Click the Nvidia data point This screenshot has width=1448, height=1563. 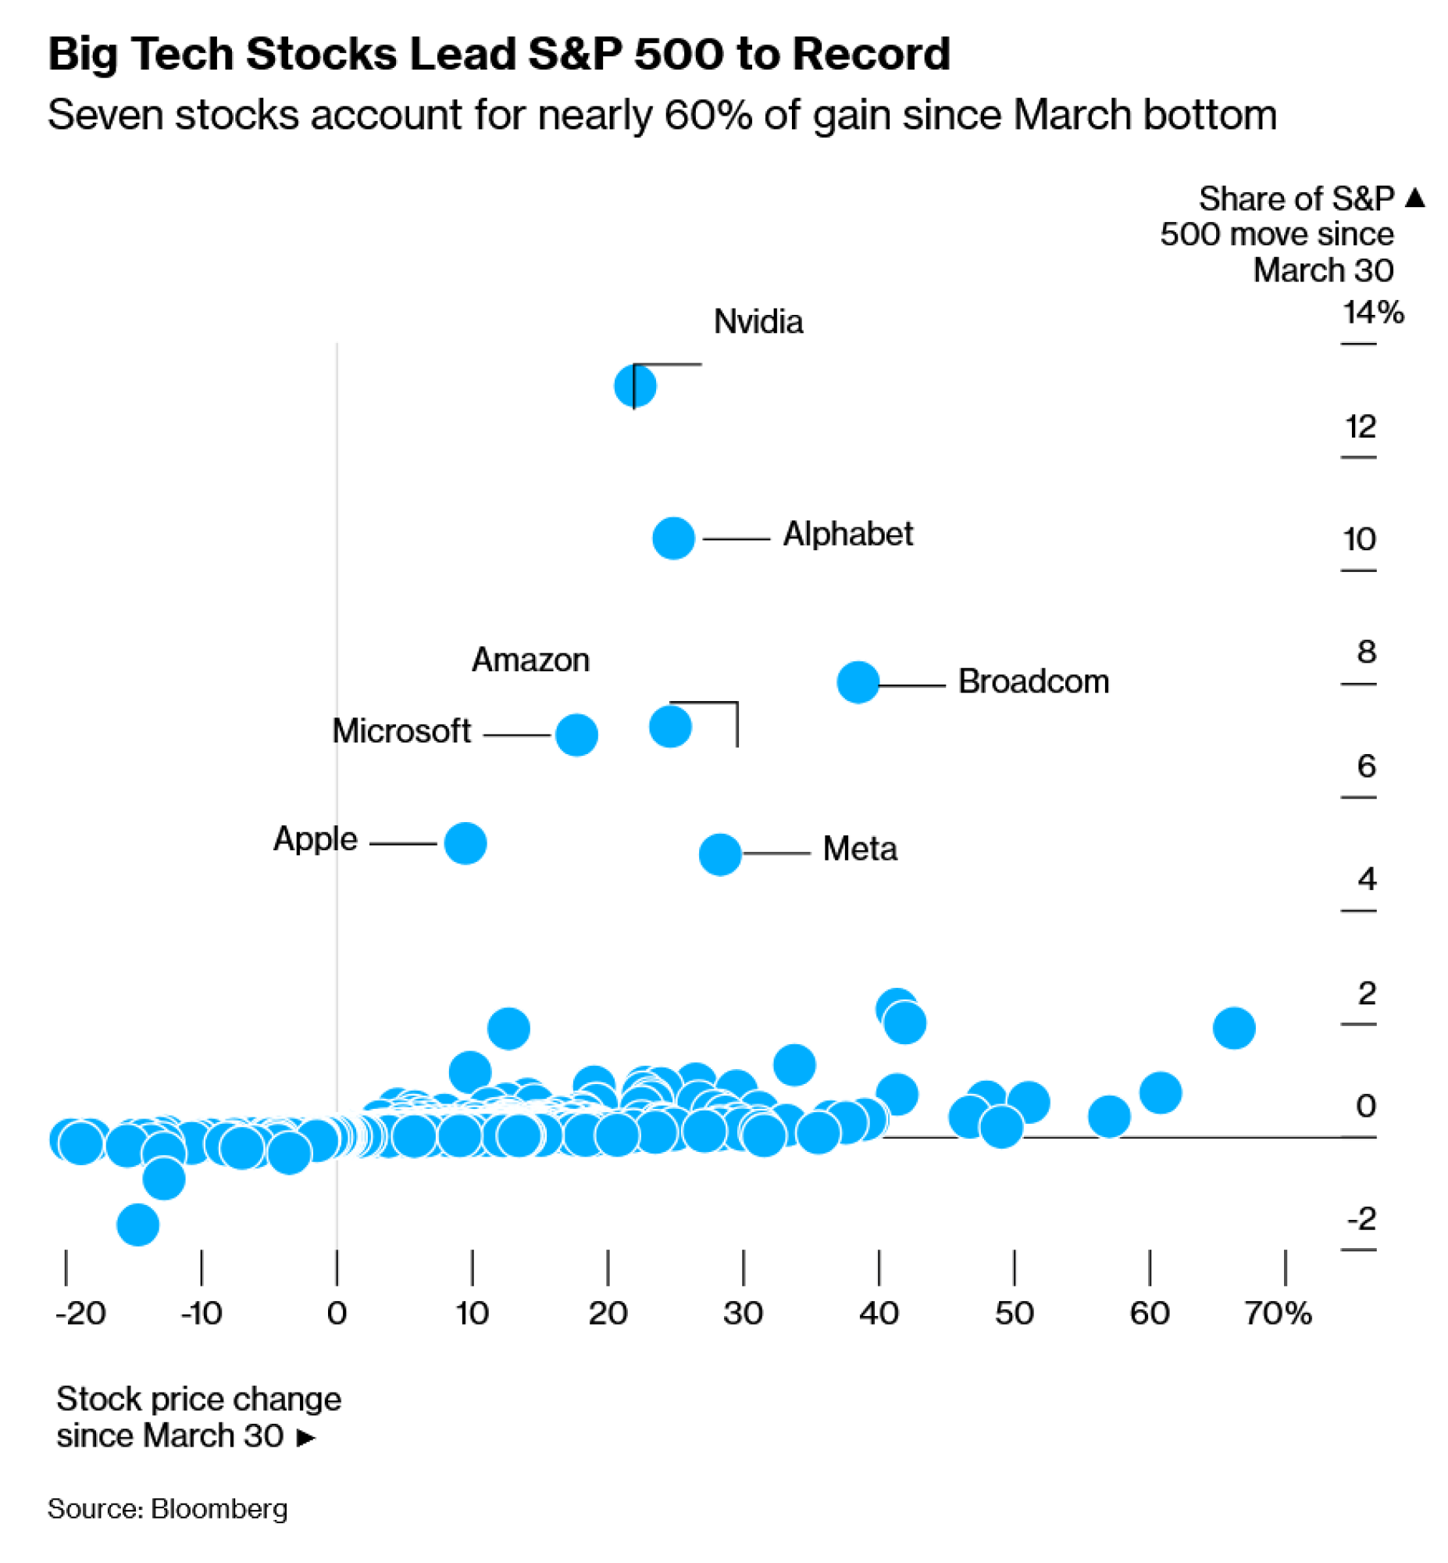[635, 385]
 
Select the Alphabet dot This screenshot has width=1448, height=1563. [673, 538]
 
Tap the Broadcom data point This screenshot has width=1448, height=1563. [858, 682]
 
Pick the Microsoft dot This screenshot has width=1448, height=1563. [576, 735]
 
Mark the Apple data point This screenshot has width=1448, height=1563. [465, 843]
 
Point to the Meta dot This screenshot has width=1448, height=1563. [720, 853]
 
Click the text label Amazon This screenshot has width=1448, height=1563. [530, 660]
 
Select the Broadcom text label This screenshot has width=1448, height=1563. [1033, 682]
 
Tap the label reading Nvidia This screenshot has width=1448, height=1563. [758, 321]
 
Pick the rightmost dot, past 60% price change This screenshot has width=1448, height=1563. [1234, 1028]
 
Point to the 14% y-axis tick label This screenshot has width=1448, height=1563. [1373, 313]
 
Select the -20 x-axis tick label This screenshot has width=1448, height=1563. [80, 1314]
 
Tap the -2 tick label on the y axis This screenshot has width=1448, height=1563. [1362, 1219]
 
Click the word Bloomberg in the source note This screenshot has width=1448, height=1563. [219, 1509]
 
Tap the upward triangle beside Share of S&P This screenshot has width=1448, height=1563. [1415, 197]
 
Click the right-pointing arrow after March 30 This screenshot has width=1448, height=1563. [306, 1438]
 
